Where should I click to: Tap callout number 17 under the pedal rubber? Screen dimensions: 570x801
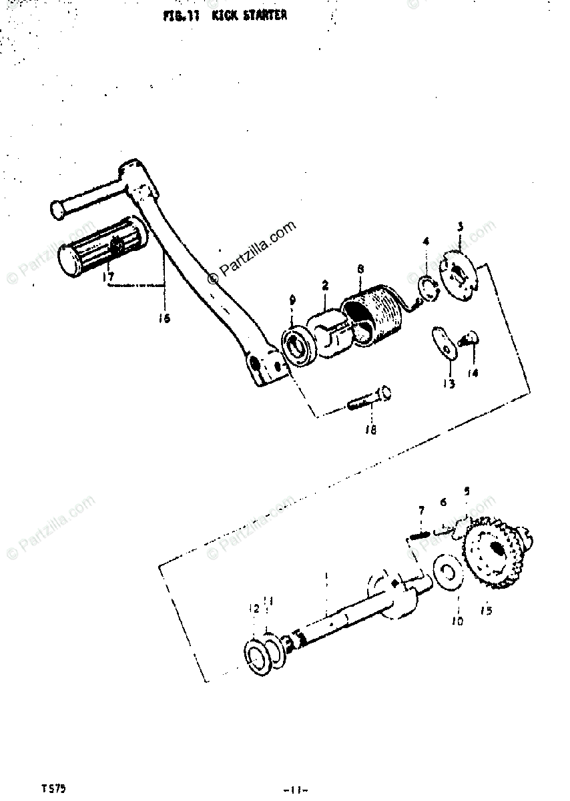(109, 275)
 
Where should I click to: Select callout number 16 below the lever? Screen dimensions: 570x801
(164, 318)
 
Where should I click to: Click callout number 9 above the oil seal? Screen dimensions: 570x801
(292, 302)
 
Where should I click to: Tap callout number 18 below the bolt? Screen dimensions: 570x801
(370, 430)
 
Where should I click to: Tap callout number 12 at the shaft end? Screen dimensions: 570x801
(254, 608)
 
